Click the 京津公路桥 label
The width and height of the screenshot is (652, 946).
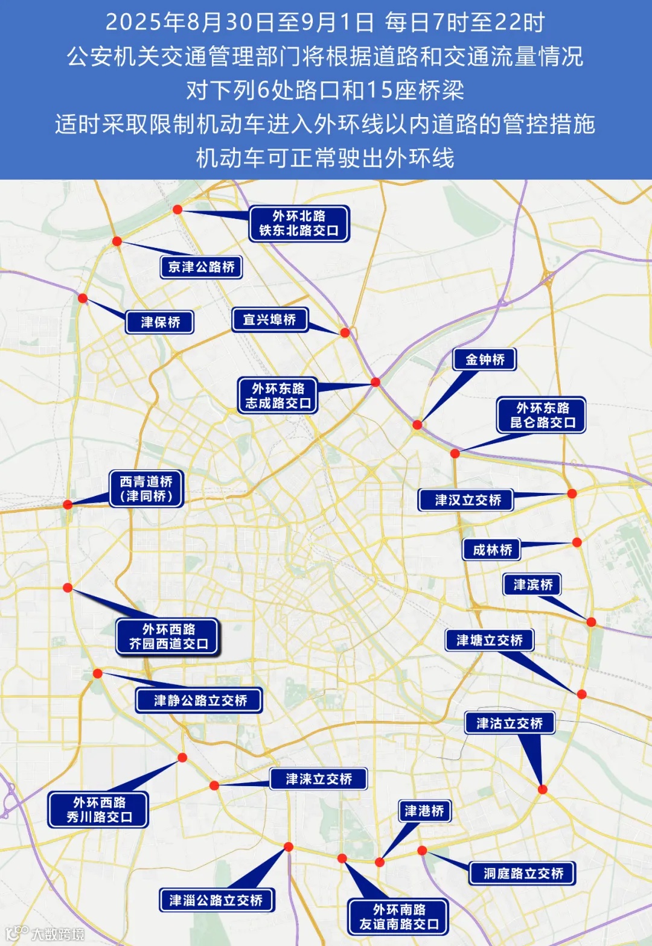click(201, 267)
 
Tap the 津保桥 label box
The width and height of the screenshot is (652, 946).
click(160, 322)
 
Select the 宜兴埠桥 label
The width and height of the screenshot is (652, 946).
click(269, 320)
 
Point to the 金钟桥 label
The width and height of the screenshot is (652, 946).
click(485, 360)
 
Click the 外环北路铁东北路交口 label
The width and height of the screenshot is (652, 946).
click(299, 223)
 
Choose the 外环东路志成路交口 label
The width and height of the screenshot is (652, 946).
click(278, 396)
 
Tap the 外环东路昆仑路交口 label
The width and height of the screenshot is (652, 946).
click(542, 415)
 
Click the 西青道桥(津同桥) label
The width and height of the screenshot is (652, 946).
click(146, 489)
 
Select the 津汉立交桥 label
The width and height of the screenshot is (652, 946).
click(466, 500)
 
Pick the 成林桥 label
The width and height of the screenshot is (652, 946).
click(492, 550)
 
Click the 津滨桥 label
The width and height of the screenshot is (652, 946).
click(532, 585)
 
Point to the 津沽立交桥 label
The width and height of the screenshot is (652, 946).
click(510, 723)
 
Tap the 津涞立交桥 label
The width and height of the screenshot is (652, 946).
click(318, 779)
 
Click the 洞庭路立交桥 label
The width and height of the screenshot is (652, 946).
click(523, 873)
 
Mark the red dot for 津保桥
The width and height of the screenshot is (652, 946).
click(83, 298)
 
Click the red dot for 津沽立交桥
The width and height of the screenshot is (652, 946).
click(542, 789)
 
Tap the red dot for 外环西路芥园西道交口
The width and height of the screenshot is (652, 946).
click(68, 588)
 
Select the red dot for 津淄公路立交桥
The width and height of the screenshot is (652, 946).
click(289, 847)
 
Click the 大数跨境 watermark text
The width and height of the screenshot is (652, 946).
click(57, 935)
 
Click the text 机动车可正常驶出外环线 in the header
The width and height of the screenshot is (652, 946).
click(325, 158)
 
